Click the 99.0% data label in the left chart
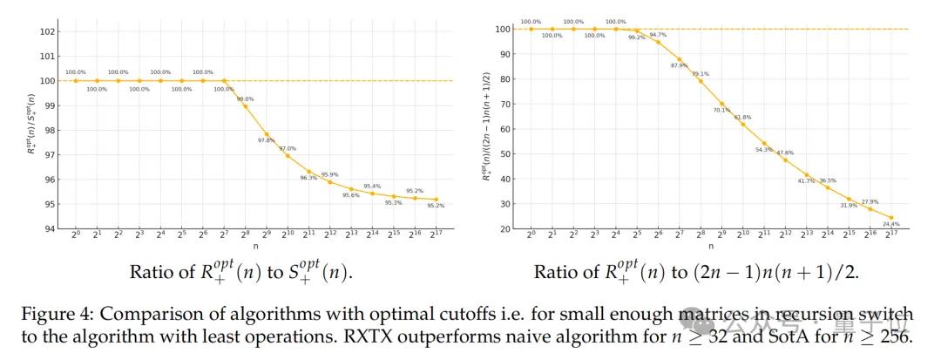(x=246, y=98)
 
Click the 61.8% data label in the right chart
(x=742, y=117)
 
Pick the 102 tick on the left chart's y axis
(x=49, y=31)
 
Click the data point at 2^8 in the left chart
(x=246, y=105)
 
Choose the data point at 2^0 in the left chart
(x=76, y=81)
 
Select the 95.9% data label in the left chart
(x=329, y=174)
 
